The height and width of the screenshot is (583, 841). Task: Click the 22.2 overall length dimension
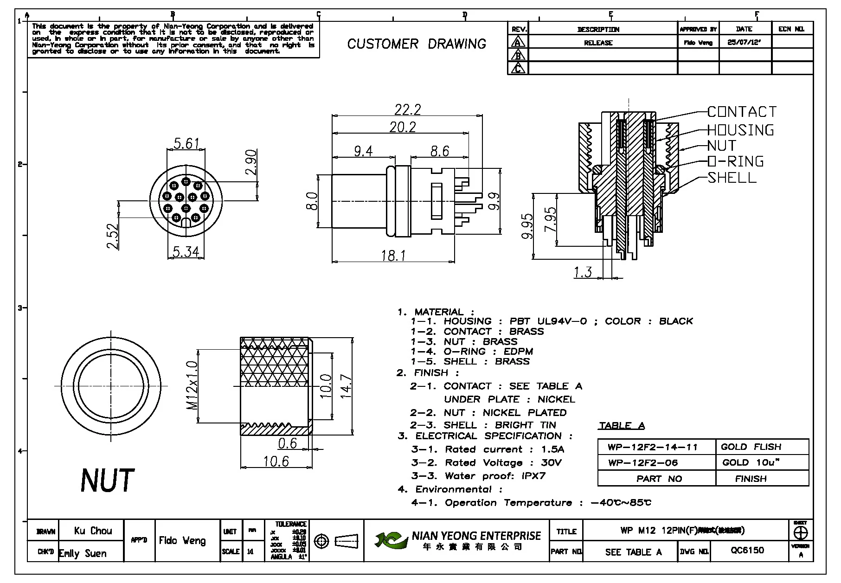click(408, 109)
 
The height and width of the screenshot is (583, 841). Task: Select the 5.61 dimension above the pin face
click(186, 143)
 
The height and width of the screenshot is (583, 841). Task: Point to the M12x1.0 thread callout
click(192, 385)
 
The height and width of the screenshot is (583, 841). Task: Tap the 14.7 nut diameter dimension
click(346, 386)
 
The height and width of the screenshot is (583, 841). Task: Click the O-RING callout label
click(736, 161)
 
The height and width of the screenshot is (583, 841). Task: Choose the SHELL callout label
click(732, 178)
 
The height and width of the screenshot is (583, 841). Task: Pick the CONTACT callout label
click(742, 112)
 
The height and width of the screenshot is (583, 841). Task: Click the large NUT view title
click(107, 480)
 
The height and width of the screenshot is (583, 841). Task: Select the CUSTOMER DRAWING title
click(417, 44)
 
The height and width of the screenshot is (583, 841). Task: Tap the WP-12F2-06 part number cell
click(643, 462)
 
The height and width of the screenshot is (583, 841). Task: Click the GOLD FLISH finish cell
click(751, 447)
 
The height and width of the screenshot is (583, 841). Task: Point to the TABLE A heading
click(622, 425)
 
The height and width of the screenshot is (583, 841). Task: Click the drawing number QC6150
click(747, 551)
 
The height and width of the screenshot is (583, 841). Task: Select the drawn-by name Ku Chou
click(93, 531)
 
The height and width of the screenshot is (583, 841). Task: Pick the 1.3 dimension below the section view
click(583, 272)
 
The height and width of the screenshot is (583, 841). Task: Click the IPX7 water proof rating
click(534, 476)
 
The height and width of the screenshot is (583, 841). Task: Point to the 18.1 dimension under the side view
click(393, 255)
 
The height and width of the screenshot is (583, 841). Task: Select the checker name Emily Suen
click(83, 553)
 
